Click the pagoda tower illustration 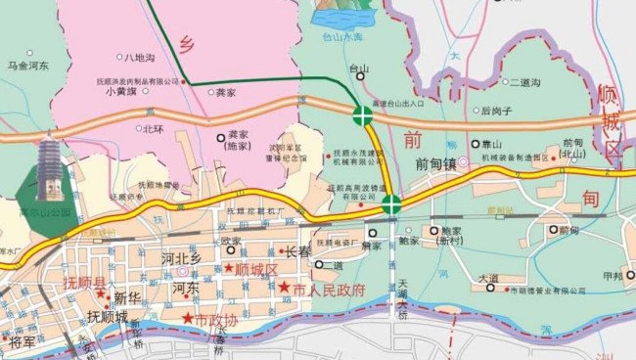tap(49, 172)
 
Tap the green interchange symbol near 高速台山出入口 tap(363, 115)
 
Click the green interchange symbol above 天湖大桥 tap(391, 204)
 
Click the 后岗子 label tap(498, 112)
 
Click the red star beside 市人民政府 tap(284, 289)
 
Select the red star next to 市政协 tap(188, 320)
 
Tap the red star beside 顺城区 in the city tap(229, 268)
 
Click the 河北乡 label tap(181, 258)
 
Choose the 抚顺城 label tap(108, 317)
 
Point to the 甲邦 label tap(613, 276)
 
